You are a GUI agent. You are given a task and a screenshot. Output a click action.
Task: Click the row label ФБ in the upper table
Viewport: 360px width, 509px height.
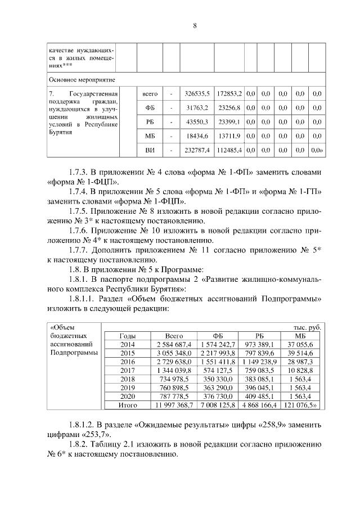(x=150, y=107)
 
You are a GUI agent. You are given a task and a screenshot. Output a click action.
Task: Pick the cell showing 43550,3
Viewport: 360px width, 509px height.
(x=197, y=121)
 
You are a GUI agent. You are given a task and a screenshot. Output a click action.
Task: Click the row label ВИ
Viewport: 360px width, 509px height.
(x=150, y=151)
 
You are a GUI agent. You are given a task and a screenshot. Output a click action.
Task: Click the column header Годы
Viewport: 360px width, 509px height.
(x=128, y=336)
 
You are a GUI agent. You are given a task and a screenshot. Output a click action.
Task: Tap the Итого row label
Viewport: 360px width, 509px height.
(x=128, y=420)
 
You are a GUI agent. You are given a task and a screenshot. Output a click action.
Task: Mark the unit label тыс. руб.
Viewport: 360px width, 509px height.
(x=307, y=327)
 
